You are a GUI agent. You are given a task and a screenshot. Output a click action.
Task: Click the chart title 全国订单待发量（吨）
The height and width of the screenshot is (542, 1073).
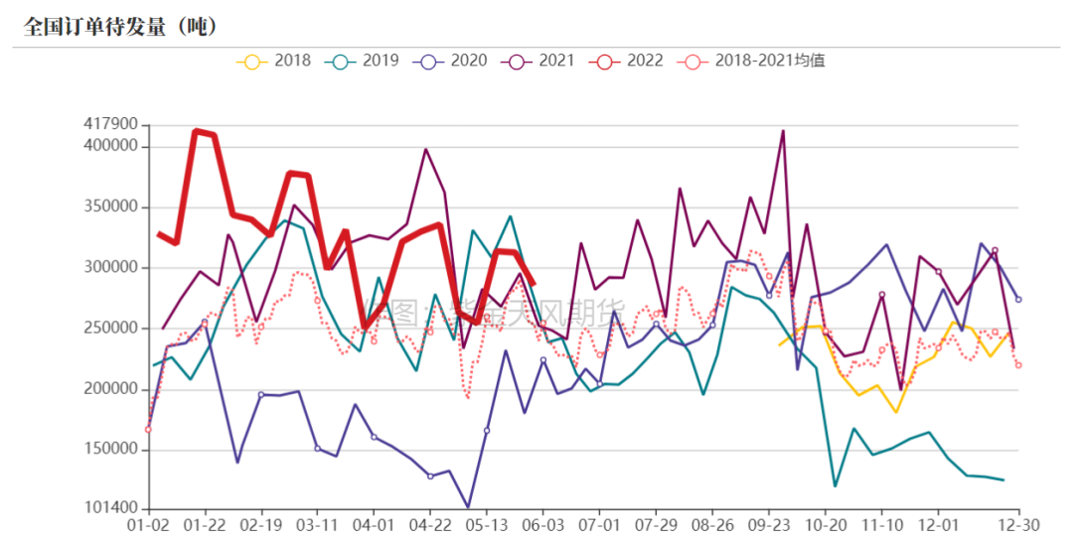(x=120, y=26)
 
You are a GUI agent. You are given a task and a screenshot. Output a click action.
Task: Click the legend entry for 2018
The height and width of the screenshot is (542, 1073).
(x=273, y=61)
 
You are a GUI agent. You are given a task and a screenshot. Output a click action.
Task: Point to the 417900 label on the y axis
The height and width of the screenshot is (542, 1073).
(x=109, y=124)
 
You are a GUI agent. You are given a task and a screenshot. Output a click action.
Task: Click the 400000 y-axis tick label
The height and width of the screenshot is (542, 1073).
(x=109, y=146)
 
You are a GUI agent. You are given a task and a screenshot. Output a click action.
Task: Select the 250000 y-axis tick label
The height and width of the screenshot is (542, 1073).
(x=109, y=329)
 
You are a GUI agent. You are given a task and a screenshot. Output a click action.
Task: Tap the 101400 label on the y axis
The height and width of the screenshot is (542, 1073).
(x=109, y=508)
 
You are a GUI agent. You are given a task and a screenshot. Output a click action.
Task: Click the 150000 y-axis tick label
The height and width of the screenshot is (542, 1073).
(x=109, y=450)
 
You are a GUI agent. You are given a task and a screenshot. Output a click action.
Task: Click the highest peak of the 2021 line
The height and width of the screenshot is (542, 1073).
(x=783, y=131)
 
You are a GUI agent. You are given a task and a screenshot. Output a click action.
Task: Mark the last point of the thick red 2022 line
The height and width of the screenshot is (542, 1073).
(x=535, y=284)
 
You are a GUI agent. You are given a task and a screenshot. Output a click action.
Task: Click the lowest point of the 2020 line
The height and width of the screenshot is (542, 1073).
(x=468, y=507)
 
